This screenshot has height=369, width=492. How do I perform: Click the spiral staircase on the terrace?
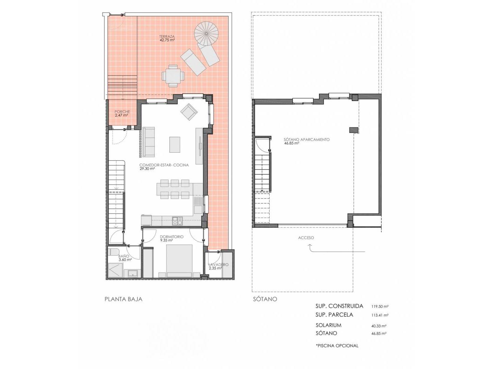click(206, 33)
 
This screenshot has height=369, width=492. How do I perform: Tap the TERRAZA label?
click(167, 36)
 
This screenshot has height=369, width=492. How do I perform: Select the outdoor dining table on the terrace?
click(173, 76)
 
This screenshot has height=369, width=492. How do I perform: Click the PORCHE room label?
click(122, 112)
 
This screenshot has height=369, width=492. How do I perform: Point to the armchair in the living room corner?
click(189, 112)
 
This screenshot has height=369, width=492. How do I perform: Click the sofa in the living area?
click(148, 142)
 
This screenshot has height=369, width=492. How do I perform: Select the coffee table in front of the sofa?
click(175, 145)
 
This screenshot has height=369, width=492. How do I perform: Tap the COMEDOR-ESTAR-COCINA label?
click(164, 165)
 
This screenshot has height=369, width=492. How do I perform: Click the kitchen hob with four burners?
click(177, 221)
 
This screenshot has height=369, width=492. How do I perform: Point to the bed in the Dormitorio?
click(179, 261)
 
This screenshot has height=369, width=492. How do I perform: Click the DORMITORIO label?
click(172, 236)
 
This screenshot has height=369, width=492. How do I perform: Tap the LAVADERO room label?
click(218, 264)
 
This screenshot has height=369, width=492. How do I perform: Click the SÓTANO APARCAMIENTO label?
click(306, 139)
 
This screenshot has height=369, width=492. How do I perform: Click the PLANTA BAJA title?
click(123, 299)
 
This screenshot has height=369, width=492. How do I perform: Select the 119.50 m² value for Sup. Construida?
click(380, 306)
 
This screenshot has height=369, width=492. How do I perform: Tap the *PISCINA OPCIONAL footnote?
click(337, 346)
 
